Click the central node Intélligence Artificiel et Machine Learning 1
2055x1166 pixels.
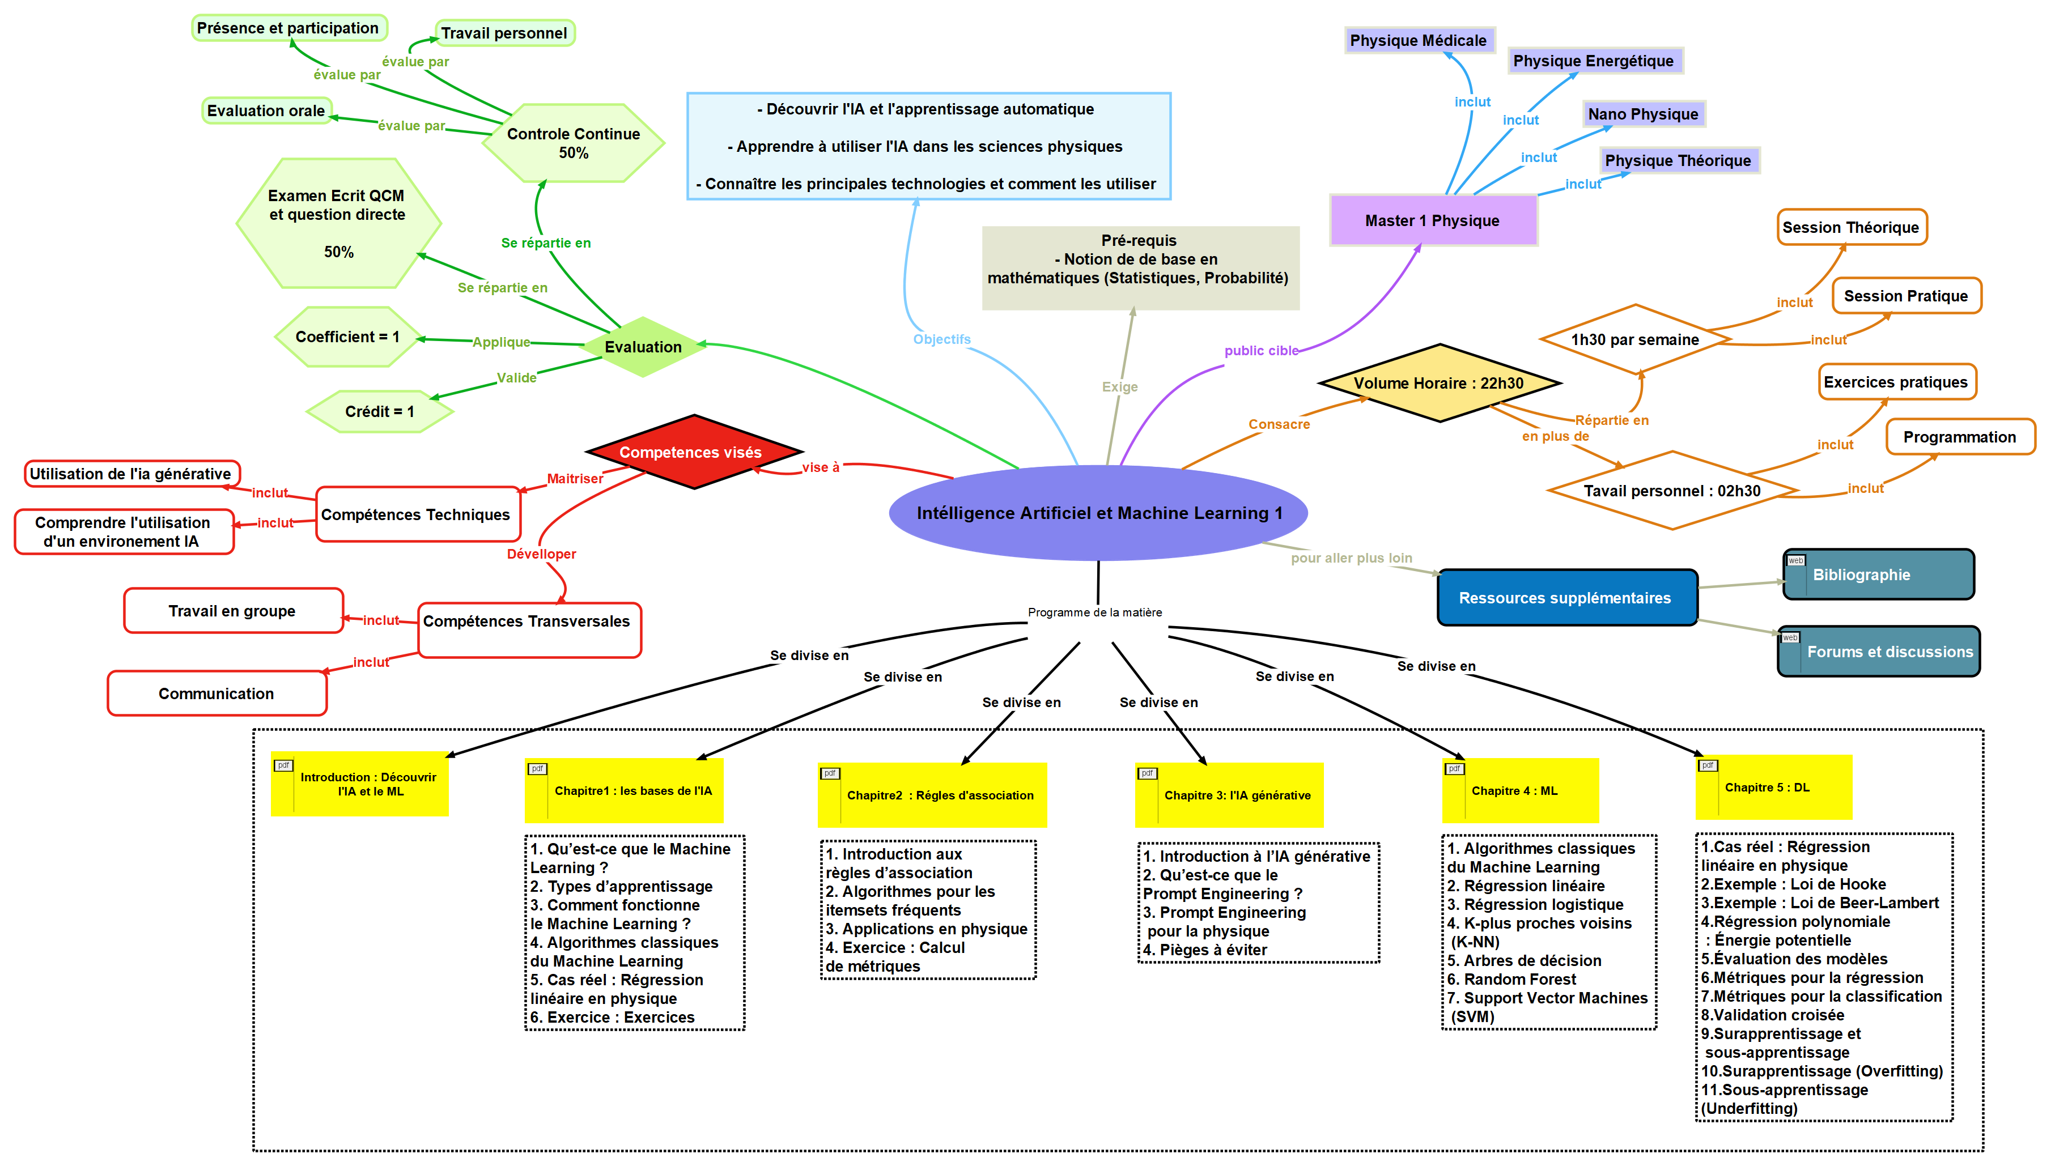(1098, 513)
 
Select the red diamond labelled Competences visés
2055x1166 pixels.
(694, 452)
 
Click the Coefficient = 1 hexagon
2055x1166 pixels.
(347, 337)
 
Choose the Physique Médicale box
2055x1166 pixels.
(1419, 40)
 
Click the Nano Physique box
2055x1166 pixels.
(1644, 114)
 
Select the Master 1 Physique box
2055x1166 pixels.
(1433, 220)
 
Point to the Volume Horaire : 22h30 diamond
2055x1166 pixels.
(1439, 383)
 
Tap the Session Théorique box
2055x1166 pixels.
(1851, 227)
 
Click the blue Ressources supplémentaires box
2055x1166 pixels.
(1566, 597)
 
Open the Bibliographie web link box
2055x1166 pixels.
(1878, 574)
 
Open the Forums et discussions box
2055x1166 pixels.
(1878, 651)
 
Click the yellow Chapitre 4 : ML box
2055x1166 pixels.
(1520, 790)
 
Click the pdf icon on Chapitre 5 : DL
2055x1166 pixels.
(1708, 765)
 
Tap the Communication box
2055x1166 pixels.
(217, 693)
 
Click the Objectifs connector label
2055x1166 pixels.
(942, 339)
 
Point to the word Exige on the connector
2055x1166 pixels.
(1120, 387)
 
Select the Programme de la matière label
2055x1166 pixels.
(1095, 612)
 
